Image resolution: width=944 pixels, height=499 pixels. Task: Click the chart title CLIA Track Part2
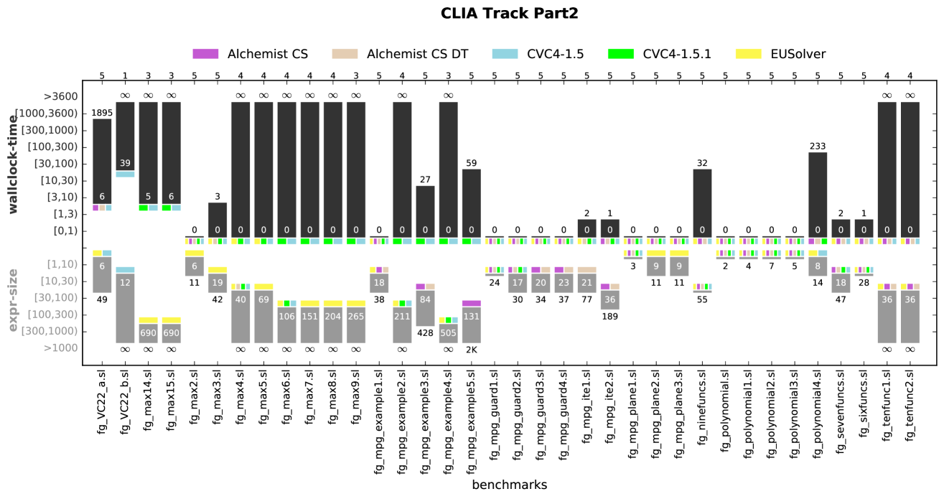(509, 13)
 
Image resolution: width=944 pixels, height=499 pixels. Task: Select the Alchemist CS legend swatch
(205, 54)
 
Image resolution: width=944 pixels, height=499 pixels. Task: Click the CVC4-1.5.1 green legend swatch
(620, 54)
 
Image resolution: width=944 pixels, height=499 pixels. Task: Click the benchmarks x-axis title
(509, 485)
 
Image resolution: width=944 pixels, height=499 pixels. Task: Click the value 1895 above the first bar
(102, 113)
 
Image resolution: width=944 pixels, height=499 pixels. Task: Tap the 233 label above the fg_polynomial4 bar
(818, 146)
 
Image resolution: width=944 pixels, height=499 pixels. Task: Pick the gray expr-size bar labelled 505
(449, 333)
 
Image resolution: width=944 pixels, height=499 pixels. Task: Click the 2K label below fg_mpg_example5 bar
(472, 349)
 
